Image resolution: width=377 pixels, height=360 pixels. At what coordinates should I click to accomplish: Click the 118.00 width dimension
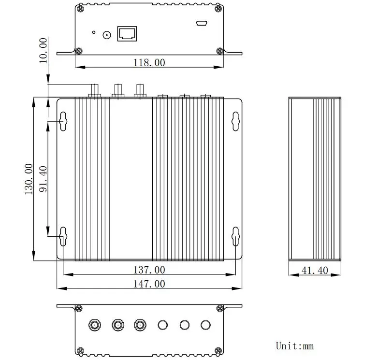coord(149,62)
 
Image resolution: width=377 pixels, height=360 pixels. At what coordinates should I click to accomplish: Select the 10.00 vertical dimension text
coord(43,50)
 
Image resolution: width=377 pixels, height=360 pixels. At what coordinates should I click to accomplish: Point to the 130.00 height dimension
coord(29,179)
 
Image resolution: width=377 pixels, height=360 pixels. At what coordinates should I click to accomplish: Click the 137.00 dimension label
coord(149,270)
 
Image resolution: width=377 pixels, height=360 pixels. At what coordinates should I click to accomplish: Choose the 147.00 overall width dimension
coord(149,284)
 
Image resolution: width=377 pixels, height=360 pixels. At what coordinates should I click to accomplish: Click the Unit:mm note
coord(295,346)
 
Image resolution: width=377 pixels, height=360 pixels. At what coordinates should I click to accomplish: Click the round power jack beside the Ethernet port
coord(107,34)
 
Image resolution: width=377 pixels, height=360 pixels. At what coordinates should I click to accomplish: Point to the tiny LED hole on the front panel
coord(94,33)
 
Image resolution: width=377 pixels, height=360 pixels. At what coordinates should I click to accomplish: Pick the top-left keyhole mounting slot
coord(63,121)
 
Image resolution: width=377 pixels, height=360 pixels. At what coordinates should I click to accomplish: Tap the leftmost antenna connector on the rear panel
coord(94,325)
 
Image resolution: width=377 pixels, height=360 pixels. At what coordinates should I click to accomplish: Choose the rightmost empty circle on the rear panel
coord(206,325)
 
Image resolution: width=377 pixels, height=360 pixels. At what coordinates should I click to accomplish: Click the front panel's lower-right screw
coord(220,51)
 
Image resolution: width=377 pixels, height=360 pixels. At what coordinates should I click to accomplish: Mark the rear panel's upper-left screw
coord(78,308)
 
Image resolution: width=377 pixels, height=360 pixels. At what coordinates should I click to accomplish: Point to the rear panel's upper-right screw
coord(221,308)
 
